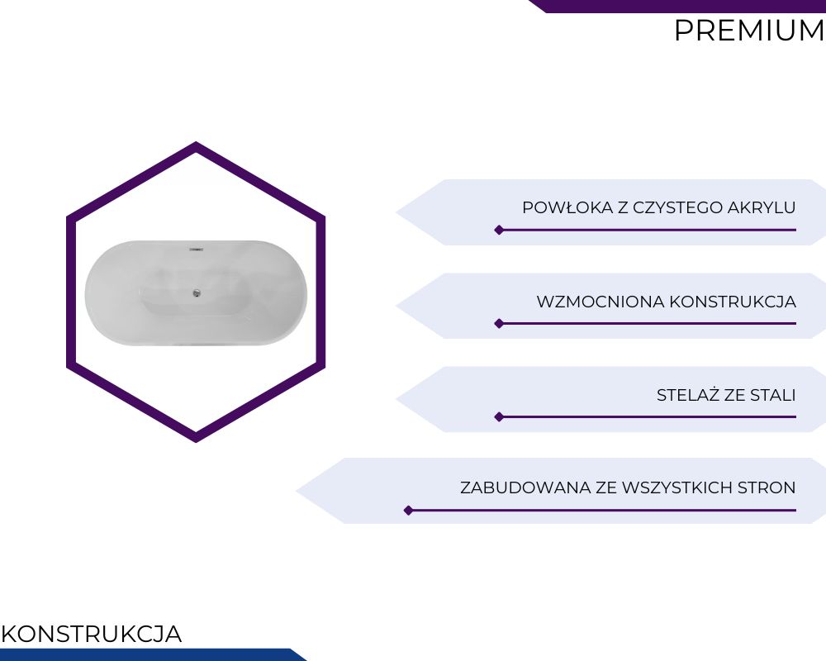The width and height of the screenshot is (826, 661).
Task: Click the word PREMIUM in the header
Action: tap(750, 31)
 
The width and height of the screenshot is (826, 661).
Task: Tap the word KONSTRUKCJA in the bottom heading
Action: tap(92, 634)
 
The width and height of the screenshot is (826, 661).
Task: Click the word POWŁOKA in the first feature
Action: tap(568, 207)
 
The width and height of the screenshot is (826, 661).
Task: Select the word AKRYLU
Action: tap(762, 207)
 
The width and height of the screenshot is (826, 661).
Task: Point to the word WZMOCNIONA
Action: tap(601, 302)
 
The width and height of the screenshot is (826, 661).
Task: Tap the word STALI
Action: tap(773, 395)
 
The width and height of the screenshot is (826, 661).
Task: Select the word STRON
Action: tap(767, 487)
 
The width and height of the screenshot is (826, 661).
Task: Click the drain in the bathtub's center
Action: tap(197, 292)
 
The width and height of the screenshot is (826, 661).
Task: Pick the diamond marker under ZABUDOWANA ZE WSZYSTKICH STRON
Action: tap(408, 511)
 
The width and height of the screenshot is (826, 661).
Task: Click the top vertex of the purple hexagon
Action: tap(196, 142)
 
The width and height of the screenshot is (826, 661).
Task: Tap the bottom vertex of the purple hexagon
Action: tap(196, 442)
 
